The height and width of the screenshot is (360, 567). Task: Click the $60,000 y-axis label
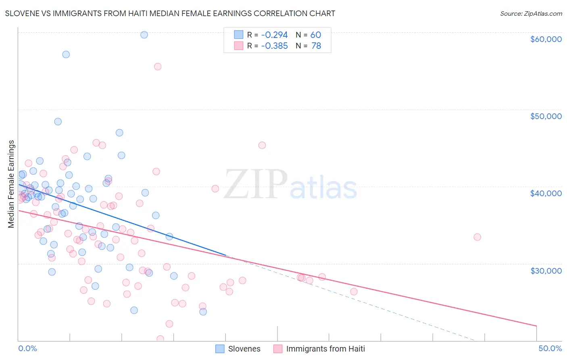tap(546, 39)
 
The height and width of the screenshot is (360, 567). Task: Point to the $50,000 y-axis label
tap(546, 116)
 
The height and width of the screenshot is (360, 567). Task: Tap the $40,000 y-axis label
tap(546, 193)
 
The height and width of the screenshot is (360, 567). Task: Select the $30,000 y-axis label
tap(546, 270)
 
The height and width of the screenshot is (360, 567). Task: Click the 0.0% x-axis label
tap(27, 348)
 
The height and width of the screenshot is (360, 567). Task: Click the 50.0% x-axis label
tap(550, 348)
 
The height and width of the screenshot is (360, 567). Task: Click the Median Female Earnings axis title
tap(11, 184)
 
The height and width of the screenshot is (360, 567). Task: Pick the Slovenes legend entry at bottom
tap(238, 349)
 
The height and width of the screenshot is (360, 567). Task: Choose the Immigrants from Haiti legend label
tap(325, 349)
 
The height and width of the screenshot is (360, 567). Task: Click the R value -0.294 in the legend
tap(274, 35)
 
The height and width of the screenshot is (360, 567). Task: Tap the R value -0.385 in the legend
tap(274, 46)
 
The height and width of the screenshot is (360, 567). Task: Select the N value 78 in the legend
tap(316, 46)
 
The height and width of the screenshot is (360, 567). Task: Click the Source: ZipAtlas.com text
tap(531, 13)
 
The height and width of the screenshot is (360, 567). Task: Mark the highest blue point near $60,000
tap(144, 35)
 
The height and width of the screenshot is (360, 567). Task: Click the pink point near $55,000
tap(158, 67)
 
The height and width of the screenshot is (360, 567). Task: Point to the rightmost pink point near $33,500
tap(477, 237)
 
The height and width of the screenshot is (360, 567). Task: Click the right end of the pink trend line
tap(536, 325)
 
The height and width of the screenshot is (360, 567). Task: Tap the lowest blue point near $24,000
tap(203, 312)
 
